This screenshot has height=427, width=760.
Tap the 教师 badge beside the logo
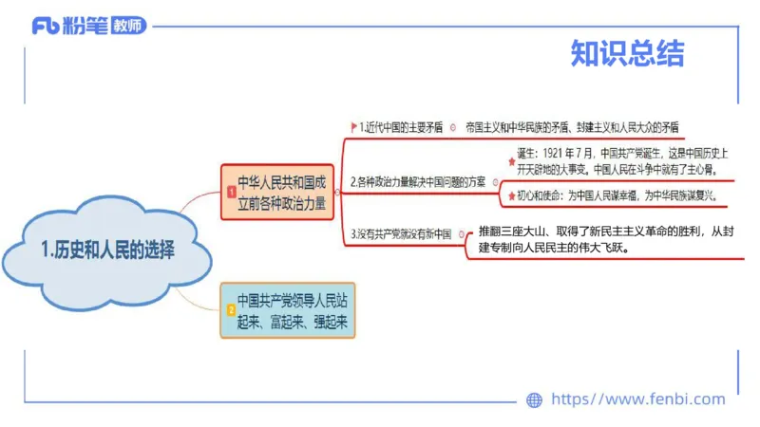click(x=128, y=26)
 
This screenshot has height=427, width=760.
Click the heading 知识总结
click(x=627, y=53)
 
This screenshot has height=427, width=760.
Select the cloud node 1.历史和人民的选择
click(x=108, y=251)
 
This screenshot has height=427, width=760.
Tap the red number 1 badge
click(x=231, y=192)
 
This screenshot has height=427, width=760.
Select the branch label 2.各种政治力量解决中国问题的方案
click(x=417, y=181)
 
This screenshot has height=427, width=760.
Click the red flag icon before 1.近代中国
click(x=353, y=127)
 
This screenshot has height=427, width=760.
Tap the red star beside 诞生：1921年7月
click(x=512, y=161)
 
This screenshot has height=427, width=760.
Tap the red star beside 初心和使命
click(x=512, y=195)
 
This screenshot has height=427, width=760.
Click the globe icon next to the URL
click(x=534, y=399)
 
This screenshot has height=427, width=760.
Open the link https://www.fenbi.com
click(x=637, y=399)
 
